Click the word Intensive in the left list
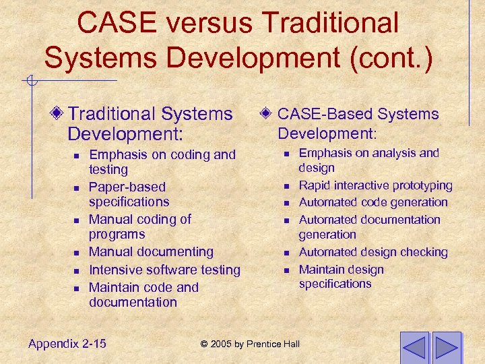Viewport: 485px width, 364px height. pos(117,270)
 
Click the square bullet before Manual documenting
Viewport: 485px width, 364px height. pos(77,253)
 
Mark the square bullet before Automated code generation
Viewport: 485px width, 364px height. pos(286,203)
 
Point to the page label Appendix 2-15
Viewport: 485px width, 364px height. pos(67,344)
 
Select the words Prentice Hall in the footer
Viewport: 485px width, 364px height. pos(273,344)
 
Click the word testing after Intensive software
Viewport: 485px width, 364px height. pos(217,270)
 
